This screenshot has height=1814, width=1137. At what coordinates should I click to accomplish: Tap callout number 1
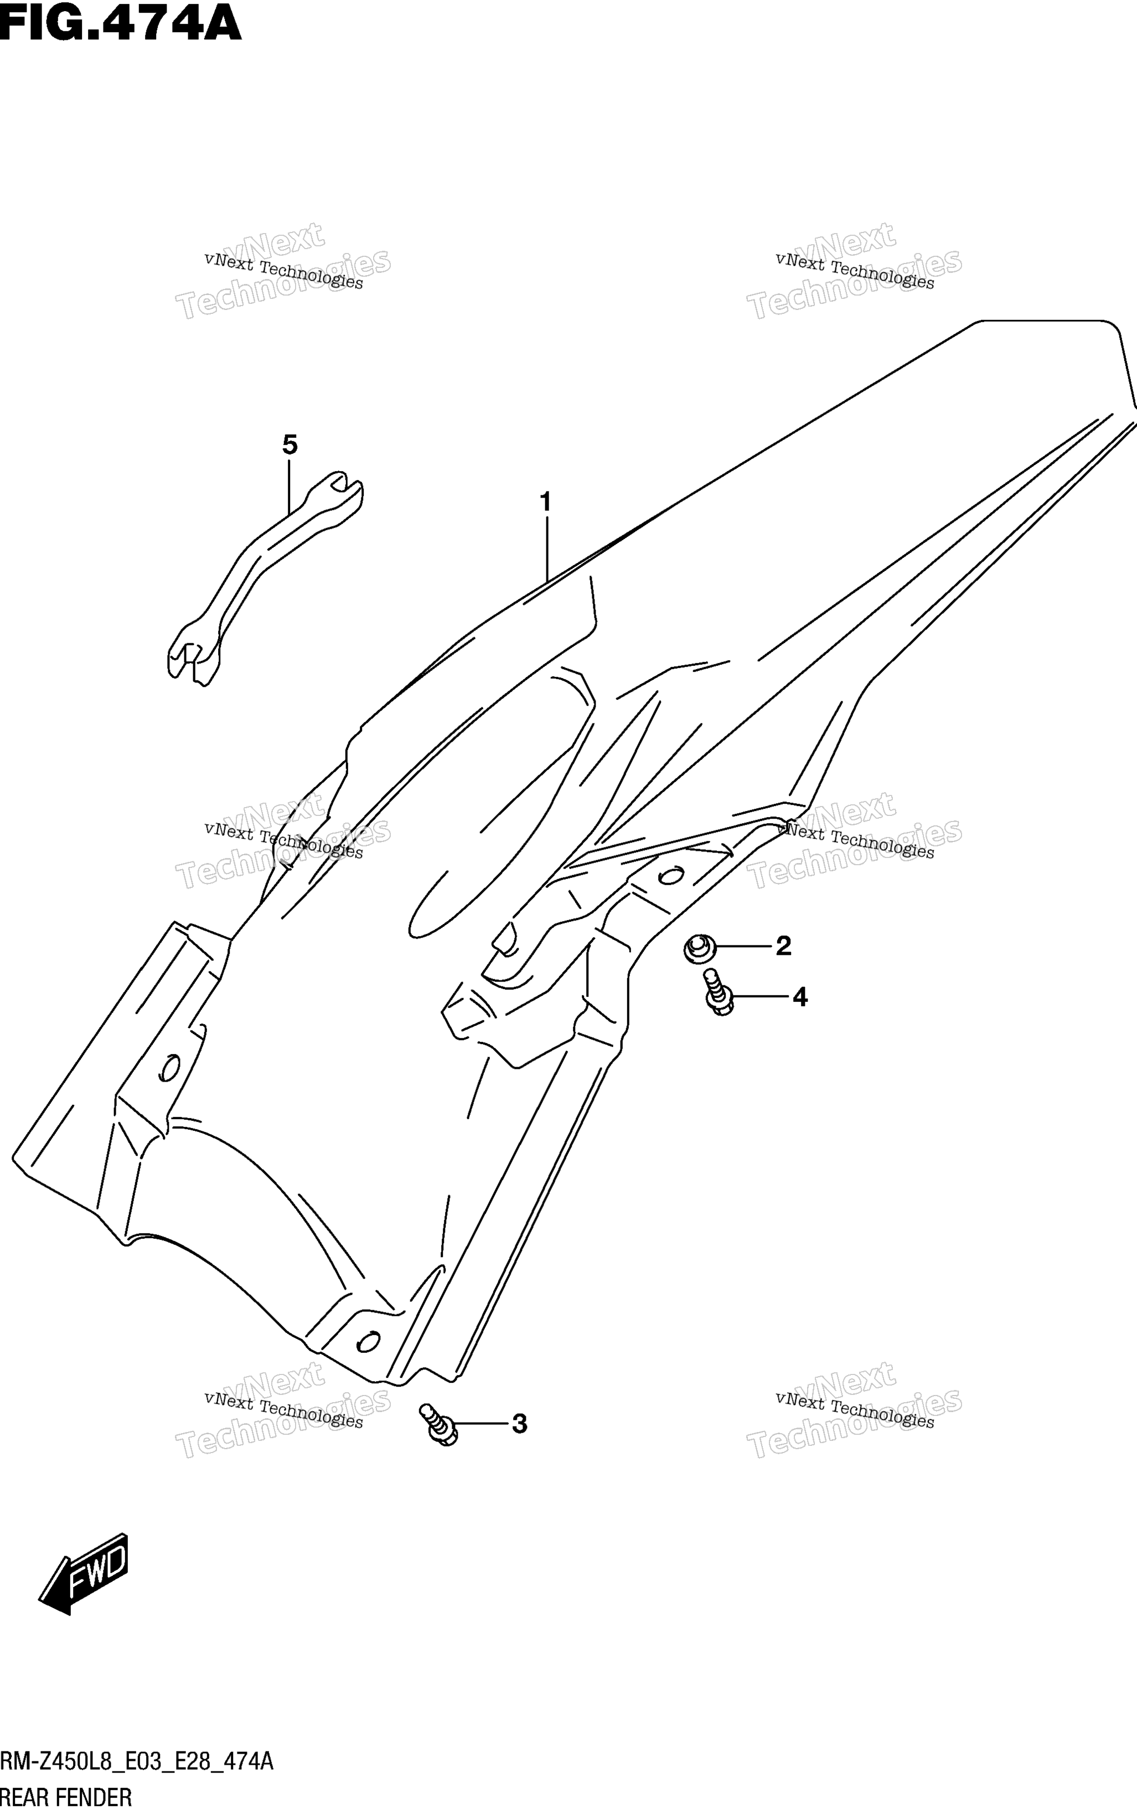point(546,502)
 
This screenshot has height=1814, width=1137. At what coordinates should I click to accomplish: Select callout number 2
point(784,945)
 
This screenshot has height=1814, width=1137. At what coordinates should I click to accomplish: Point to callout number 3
point(519,1424)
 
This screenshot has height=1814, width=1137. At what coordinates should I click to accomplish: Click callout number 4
point(800,998)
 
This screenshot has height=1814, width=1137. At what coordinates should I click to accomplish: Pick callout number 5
point(290,445)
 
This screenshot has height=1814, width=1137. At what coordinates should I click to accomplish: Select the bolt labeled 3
point(440,1423)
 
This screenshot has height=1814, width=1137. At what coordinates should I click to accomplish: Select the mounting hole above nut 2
point(671,876)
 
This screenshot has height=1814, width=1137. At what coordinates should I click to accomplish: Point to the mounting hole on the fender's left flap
point(170,1067)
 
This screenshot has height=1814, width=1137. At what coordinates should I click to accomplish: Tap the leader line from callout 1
point(547,548)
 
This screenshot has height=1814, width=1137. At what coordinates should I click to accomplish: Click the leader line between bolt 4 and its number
point(759,998)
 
